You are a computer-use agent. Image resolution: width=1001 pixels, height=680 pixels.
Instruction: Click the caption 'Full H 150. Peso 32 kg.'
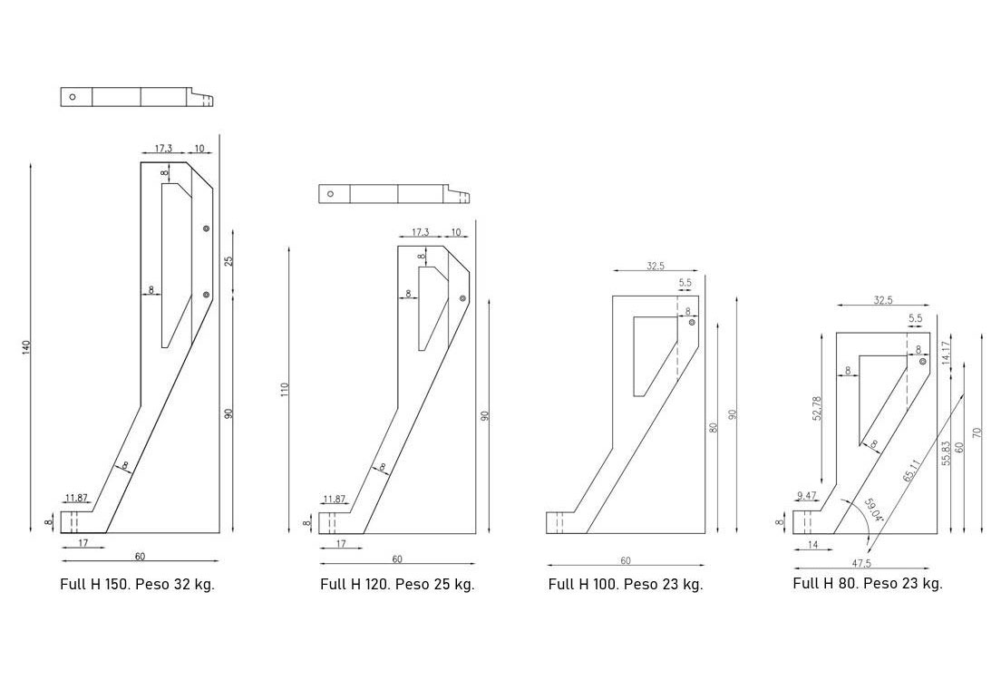[137, 585]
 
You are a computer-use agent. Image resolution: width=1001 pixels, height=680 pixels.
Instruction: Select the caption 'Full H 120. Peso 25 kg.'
[397, 585]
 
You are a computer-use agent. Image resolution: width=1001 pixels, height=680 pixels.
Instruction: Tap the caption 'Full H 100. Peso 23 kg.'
[625, 585]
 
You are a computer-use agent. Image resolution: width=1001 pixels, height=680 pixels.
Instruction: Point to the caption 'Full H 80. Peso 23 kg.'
[867, 583]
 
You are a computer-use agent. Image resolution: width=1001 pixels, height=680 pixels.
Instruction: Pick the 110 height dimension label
[285, 389]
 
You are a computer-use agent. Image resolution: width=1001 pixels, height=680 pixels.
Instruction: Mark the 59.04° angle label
[873, 512]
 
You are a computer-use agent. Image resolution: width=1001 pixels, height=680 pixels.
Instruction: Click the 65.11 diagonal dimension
[912, 475]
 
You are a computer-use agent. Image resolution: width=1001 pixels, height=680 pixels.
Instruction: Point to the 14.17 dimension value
[946, 353]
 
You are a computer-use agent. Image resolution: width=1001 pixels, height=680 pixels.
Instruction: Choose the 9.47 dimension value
[806, 496]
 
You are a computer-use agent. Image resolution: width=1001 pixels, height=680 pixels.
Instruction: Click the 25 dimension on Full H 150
[229, 260]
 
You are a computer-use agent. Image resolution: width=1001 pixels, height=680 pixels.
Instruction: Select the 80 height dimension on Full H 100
[714, 427]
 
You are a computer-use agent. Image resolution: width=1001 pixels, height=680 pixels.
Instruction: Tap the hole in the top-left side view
[73, 97]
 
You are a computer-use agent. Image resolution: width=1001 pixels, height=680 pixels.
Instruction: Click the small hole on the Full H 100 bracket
[692, 322]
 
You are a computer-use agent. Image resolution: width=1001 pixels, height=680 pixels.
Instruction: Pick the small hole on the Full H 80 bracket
[922, 362]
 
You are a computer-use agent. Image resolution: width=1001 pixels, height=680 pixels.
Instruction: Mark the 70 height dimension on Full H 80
[977, 432]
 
